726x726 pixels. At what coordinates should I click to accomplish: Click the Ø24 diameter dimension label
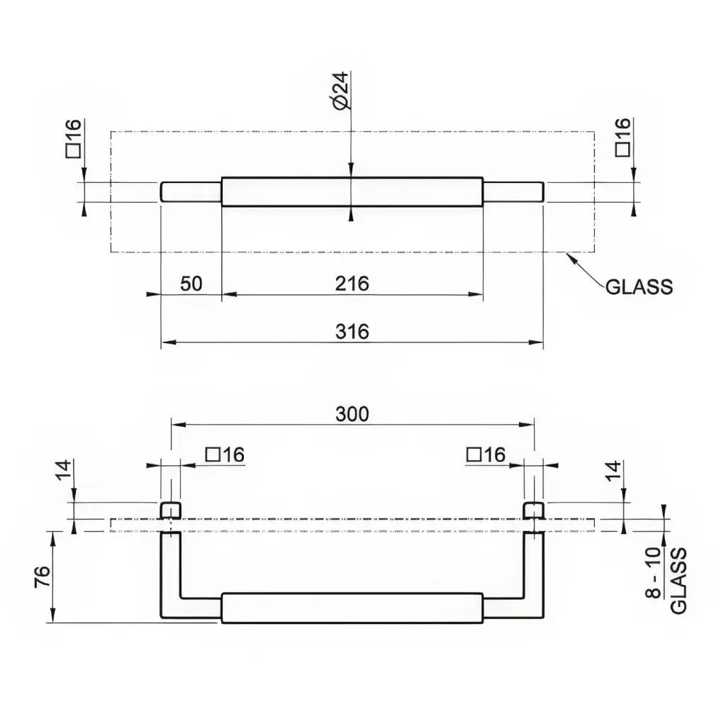pyautogui.click(x=341, y=91)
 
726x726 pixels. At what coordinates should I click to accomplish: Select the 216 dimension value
pyautogui.click(x=352, y=284)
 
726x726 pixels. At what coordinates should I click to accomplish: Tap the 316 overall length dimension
pyautogui.click(x=352, y=332)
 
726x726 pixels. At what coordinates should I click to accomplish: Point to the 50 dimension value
pyautogui.click(x=191, y=284)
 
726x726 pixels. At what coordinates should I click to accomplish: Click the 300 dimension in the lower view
pyautogui.click(x=352, y=414)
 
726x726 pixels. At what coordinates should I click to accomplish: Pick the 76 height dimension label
pyautogui.click(x=43, y=576)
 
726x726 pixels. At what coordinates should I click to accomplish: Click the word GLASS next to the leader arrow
pyautogui.click(x=639, y=287)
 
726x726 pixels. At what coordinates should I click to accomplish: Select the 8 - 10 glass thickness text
pyautogui.click(x=653, y=573)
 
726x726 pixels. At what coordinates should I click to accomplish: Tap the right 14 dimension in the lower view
pyautogui.click(x=613, y=471)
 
